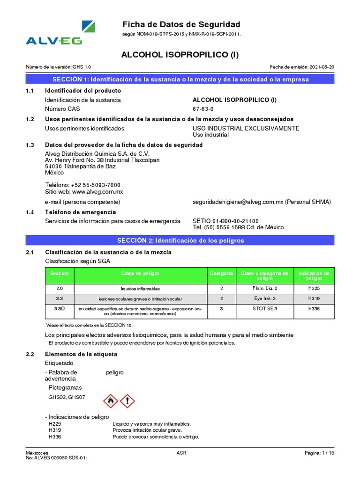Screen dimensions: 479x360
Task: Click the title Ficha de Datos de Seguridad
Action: [x=181, y=24]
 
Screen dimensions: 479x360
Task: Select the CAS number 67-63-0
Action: [x=204, y=109]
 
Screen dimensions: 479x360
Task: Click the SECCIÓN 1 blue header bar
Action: [x=180, y=79]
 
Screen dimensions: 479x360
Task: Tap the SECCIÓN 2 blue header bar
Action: [x=180, y=240]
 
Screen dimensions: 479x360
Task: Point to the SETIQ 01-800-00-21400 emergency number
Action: [x=225, y=221]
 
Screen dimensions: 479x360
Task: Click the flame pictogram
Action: [x=111, y=400]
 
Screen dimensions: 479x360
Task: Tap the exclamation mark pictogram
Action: [x=127, y=400]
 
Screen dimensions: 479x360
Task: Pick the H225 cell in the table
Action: [x=314, y=289]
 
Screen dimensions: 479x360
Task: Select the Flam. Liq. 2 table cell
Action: [x=265, y=289]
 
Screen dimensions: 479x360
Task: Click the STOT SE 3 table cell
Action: [x=265, y=309]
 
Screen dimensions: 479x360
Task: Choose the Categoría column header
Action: [x=221, y=273]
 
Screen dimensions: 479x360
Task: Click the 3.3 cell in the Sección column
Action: [x=59, y=298]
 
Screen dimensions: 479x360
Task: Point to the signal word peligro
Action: [x=115, y=372]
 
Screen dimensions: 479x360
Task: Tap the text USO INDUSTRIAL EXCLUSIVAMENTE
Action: [x=246, y=128]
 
